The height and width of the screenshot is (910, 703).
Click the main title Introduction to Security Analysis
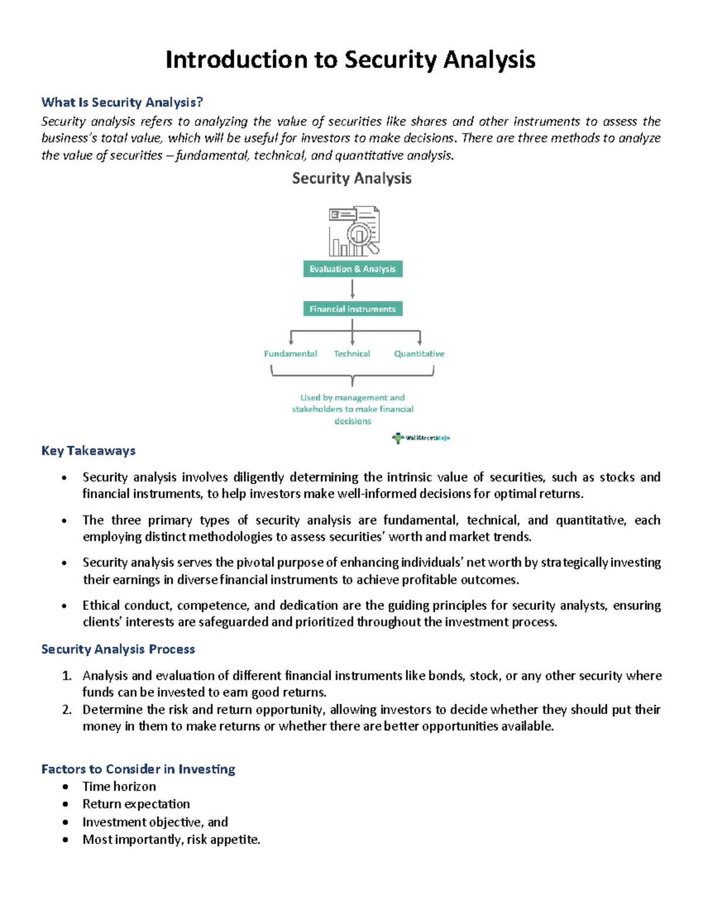click(x=350, y=60)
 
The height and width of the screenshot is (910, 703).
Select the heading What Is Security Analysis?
click(x=122, y=103)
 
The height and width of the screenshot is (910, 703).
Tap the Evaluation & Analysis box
click(x=353, y=269)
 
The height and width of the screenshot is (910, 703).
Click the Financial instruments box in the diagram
click(x=353, y=309)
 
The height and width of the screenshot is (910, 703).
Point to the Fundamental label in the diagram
click(x=290, y=354)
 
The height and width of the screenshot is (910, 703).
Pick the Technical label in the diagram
click(x=352, y=354)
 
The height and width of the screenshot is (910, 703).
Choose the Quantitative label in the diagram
click(x=419, y=354)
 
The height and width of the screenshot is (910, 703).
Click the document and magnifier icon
click(x=354, y=231)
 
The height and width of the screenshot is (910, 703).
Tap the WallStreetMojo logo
click(x=421, y=438)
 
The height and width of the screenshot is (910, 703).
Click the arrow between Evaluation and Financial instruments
click(x=353, y=289)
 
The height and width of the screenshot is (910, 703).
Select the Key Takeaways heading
click(x=88, y=451)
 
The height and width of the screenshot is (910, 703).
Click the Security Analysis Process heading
click(x=118, y=649)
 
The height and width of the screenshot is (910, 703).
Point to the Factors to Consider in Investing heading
click(x=138, y=769)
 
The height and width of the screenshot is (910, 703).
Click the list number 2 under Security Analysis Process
click(x=67, y=710)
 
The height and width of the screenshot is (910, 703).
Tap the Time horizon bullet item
click(x=119, y=786)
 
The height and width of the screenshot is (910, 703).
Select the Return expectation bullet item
click(x=136, y=804)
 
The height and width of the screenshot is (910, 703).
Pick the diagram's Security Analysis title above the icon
click(x=351, y=178)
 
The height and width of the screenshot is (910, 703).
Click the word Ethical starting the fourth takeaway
click(x=101, y=605)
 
